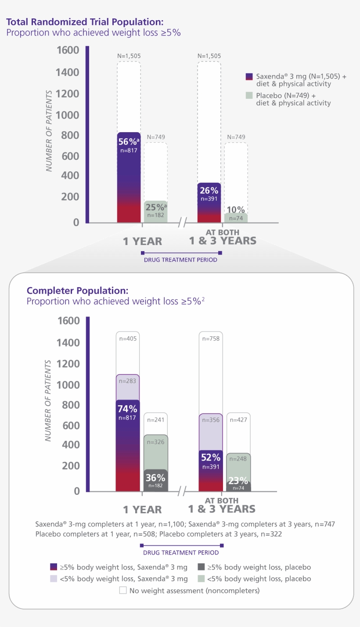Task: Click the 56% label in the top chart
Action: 127,142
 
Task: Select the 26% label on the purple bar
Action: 209,191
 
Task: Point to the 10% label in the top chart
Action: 236,210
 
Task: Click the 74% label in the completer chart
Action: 127,409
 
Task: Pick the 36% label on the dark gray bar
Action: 155,478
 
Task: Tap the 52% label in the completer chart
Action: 211,458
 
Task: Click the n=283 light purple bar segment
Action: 127,381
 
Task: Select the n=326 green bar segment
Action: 155,442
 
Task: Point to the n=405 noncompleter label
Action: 127,339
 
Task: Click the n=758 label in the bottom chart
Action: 211,339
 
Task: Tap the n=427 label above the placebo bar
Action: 238,420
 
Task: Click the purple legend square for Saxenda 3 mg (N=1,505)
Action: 249,76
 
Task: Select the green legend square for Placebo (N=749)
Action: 249,95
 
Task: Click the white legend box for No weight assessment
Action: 123,591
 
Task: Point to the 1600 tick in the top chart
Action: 68,50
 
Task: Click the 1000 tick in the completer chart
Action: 68,385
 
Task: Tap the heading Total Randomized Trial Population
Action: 85,22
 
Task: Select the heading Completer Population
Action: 77,291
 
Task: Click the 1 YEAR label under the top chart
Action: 142,241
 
